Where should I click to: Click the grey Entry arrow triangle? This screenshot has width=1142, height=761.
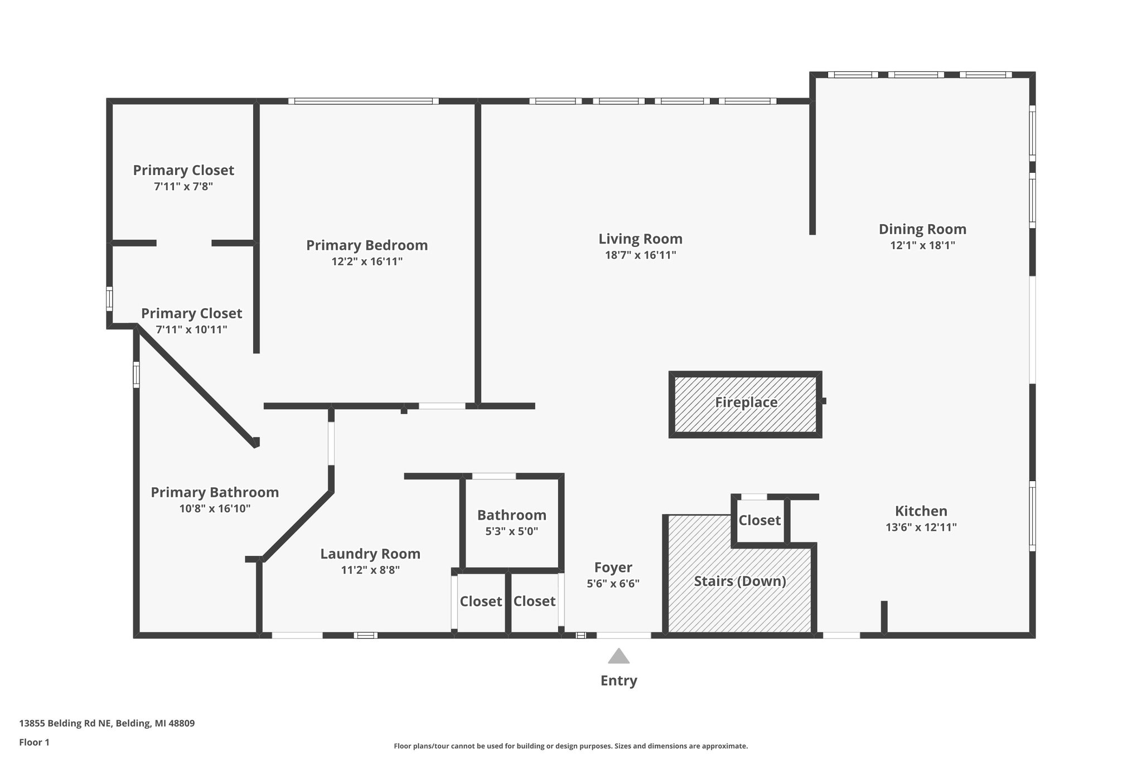pyautogui.click(x=618, y=656)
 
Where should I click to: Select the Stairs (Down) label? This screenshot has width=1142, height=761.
pyautogui.click(x=740, y=581)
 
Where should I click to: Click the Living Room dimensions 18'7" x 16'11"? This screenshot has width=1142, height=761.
pyautogui.click(x=640, y=255)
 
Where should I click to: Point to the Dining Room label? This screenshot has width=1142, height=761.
pyautogui.click(x=922, y=229)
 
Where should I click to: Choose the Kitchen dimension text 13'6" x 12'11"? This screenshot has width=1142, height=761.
pyautogui.click(x=921, y=527)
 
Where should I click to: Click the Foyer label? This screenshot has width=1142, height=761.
pyautogui.click(x=613, y=568)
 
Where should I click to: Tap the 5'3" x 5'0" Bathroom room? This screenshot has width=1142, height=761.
pyautogui.click(x=511, y=523)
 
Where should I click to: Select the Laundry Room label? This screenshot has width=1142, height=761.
pyautogui.click(x=370, y=554)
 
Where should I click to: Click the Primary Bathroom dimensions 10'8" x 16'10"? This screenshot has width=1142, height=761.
pyautogui.click(x=215, y=508)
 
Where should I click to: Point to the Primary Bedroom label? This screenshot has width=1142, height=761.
pyautogui.click(x=367, y=245)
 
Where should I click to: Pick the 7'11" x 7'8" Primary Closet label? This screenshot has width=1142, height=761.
pyautogui.click(x=183, y=170)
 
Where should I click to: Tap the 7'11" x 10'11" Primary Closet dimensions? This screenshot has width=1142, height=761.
pyautogui.click(x=191, y=329)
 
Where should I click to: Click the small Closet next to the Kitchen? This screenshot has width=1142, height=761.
pyautogui.click(x=759, y=521)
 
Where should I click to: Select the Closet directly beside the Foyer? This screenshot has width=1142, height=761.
pyautogui.click(x=534, y=601)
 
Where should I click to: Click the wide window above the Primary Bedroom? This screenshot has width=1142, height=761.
pyautogui.click(x=364, y=101)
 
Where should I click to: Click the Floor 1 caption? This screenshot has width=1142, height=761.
pyautogui.click(x=34, y=743)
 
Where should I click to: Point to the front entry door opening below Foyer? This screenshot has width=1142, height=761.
pyautogui.click(x=623, y=635)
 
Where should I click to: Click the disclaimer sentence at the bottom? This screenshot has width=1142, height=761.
pyautogui.click(x=570, y=746)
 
